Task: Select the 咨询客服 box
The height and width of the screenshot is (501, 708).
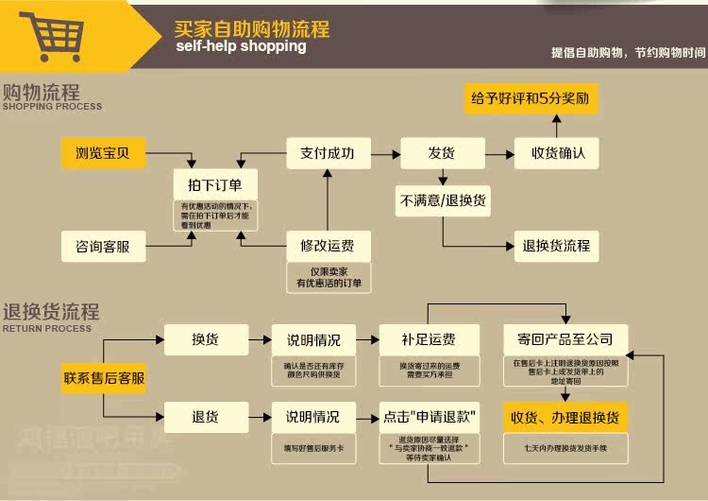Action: [x=104, y=247]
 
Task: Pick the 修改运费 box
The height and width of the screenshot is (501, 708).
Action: [x=328, y=247]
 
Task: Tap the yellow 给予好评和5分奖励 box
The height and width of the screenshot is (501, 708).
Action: [x=531, y=98]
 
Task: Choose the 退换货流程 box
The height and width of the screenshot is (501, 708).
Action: [x=557, y=246]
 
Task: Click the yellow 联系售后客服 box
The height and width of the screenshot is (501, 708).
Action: [x=104, y=378]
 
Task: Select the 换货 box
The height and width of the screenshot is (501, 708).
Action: [x=206, y=339]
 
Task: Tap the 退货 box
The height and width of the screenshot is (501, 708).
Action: [x=206, y=416]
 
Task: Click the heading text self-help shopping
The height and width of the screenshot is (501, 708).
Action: [x=241, y=46]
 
